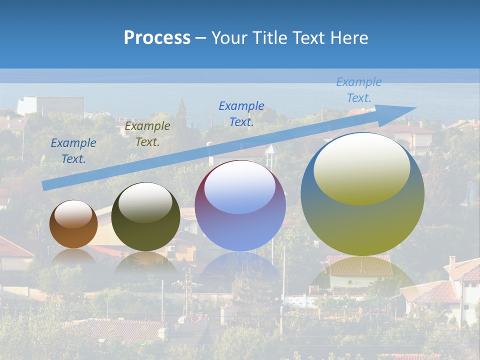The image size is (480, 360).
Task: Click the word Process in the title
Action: click(157, 37)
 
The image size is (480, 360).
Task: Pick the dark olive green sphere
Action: click(145, 217)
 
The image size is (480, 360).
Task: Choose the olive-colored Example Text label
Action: click(147, 134)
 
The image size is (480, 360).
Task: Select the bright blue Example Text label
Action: click(241, 113)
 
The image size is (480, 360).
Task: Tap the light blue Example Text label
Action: click(359, 90)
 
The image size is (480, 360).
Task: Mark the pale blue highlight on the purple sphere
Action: click(240, 187)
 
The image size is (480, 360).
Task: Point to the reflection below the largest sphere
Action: click(362, 280)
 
